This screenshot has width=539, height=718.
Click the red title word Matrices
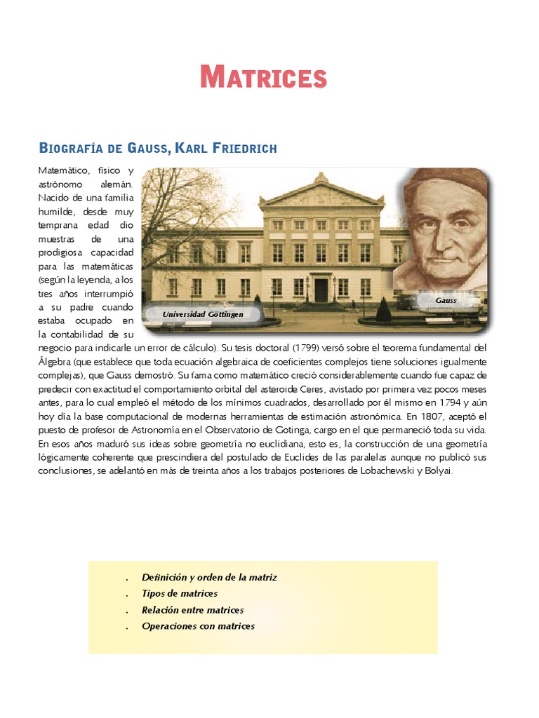[x=264, y=76]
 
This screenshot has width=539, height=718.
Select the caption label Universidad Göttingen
[x=203, y=314]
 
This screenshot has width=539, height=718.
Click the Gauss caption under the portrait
[x=446, y=300]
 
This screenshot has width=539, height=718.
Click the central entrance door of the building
[x=321, y=289]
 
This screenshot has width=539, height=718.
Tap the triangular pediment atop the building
[x=321, y=193]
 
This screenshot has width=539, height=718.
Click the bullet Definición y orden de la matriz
[x=209, y=577]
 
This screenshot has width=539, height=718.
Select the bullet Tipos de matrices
[x=180, y=593]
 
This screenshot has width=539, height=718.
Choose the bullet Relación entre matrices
[x=192, y=610]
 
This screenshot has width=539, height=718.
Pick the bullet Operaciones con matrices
[x=198, y=626]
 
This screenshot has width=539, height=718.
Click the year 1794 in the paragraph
[x=448, y=402]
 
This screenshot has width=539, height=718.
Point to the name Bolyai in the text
[x=438, y=471]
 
